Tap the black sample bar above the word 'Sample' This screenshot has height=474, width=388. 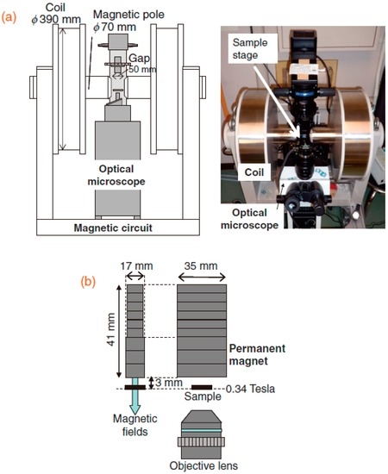(x=203, y=388)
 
